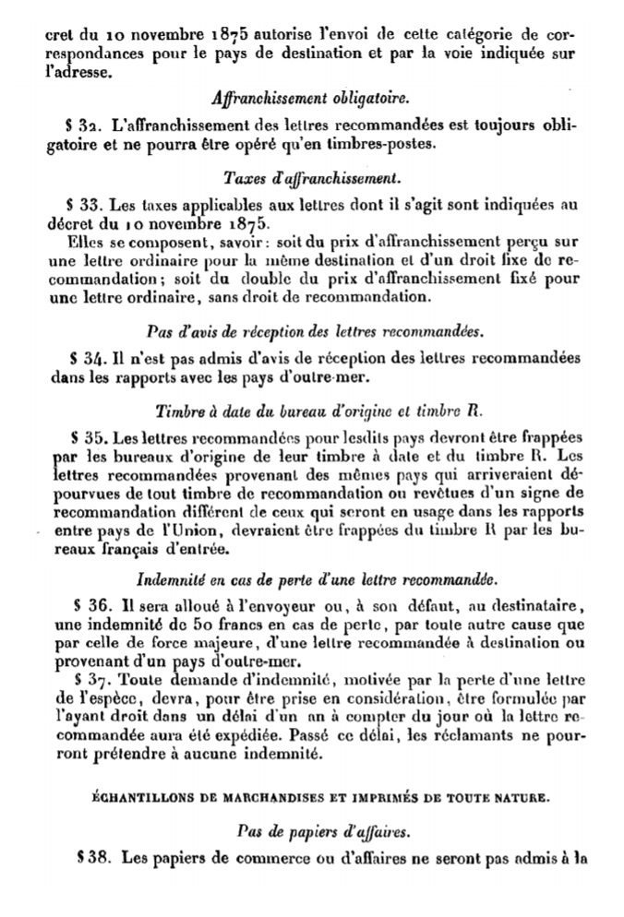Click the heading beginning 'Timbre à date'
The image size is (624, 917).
(x=312, y=409)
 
